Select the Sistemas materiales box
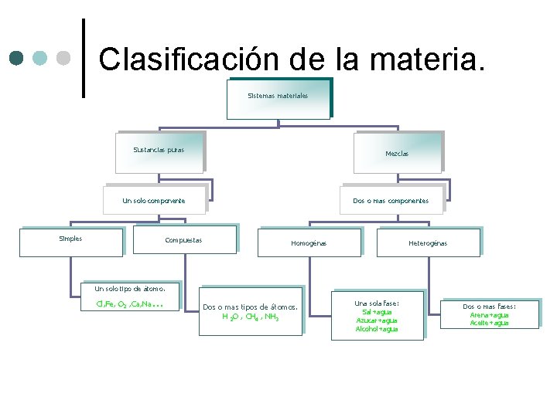point(278,98)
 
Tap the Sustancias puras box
point(159,151)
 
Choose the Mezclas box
point(397,152)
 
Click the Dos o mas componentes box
point(391,199)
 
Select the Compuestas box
point(184,240)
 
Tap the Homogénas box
point(309,242)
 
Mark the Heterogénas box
point(428,242)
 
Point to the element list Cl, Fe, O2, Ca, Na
point(128,304)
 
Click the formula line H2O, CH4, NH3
point(251,317)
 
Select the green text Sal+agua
point(377,312)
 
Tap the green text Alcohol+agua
point(377,329)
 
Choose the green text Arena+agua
point(489,315)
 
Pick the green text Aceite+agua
point(489,324)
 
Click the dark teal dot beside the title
point(17,58)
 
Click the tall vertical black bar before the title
point(84,58)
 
